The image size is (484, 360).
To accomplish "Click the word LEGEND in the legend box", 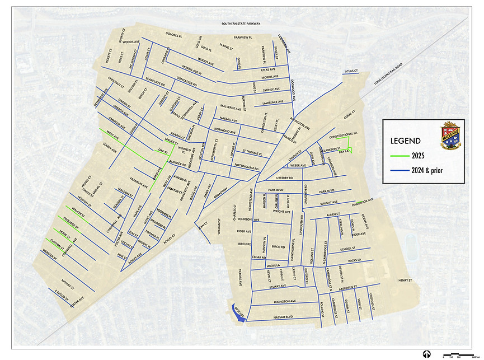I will tap(407, 141).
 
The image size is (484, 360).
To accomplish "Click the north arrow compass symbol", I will tap(426, 354).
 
